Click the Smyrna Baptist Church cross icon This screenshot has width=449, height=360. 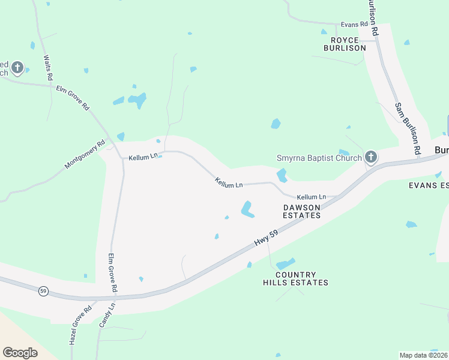(x=371, y=158)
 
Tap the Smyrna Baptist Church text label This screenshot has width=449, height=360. (x=319, y=158)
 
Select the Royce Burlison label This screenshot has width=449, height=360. (x=345, y=43)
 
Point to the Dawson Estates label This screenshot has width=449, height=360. (x=302, y=211)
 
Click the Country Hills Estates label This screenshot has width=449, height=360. (x=295, y=278)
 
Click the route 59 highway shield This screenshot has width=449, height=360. (x=43, y=291)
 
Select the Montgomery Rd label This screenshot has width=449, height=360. (x=85, y=154)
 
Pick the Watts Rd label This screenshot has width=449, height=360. (x=48, y=68)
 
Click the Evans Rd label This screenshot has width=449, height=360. (x=354, y=24)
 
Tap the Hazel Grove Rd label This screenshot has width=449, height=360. (x=79, y=323)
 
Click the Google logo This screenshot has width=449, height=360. (x=20, y=352)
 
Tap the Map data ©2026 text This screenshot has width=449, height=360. (x=423, y=355)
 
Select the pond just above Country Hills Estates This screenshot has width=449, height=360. (x=286, y=263)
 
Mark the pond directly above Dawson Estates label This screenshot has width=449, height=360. (x=247, y=209)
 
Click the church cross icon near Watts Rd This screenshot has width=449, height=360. (x=17, y=68)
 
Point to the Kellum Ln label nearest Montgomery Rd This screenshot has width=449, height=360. (x=143, y=157)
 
